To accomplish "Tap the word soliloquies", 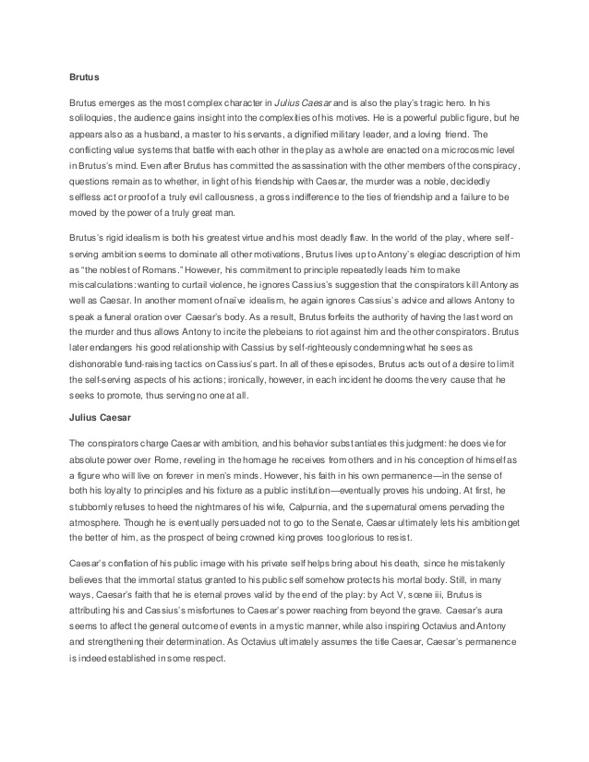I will tap(96, 120).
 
